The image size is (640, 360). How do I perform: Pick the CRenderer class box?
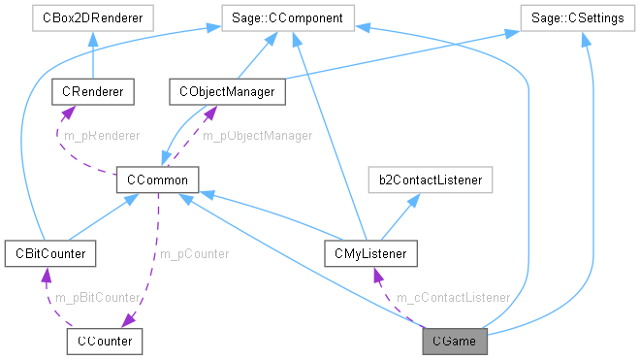click(x=92, y=92)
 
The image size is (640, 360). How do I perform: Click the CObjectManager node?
click(x=228, y=92)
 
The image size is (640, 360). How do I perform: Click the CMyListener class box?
click(x=371, y=254)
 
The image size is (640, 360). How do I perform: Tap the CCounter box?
click(x=106, y=341)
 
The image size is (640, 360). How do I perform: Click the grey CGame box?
click(x=454, y=341)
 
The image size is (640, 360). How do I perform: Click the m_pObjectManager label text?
click(x=257, y=136)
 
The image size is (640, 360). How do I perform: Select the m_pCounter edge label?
click(x=194, y=254)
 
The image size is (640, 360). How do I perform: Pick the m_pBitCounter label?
click(x=98, y=297)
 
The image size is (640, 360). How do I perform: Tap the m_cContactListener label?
click(x=454, y=297)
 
